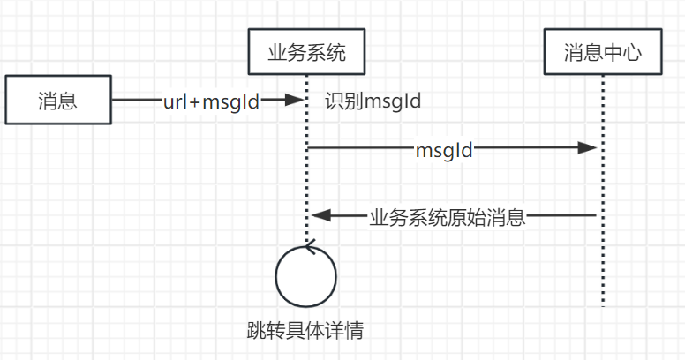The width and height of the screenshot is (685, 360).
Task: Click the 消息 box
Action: [x=57, y=100]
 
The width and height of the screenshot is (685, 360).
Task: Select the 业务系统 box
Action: [x=306, y=54]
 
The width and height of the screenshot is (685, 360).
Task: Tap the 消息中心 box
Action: [x=603, y=54]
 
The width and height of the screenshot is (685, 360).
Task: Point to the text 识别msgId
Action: [x=373, y=101]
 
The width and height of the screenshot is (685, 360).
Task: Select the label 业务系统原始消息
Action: [x=448, y=216]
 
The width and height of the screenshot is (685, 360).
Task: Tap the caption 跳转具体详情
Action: [x=305, y=331]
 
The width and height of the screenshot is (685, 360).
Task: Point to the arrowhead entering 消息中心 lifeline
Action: [x=589, y=149]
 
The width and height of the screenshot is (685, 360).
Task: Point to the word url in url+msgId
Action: [x=174, y=101]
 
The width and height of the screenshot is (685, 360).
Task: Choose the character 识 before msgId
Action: [x=335, y=101]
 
